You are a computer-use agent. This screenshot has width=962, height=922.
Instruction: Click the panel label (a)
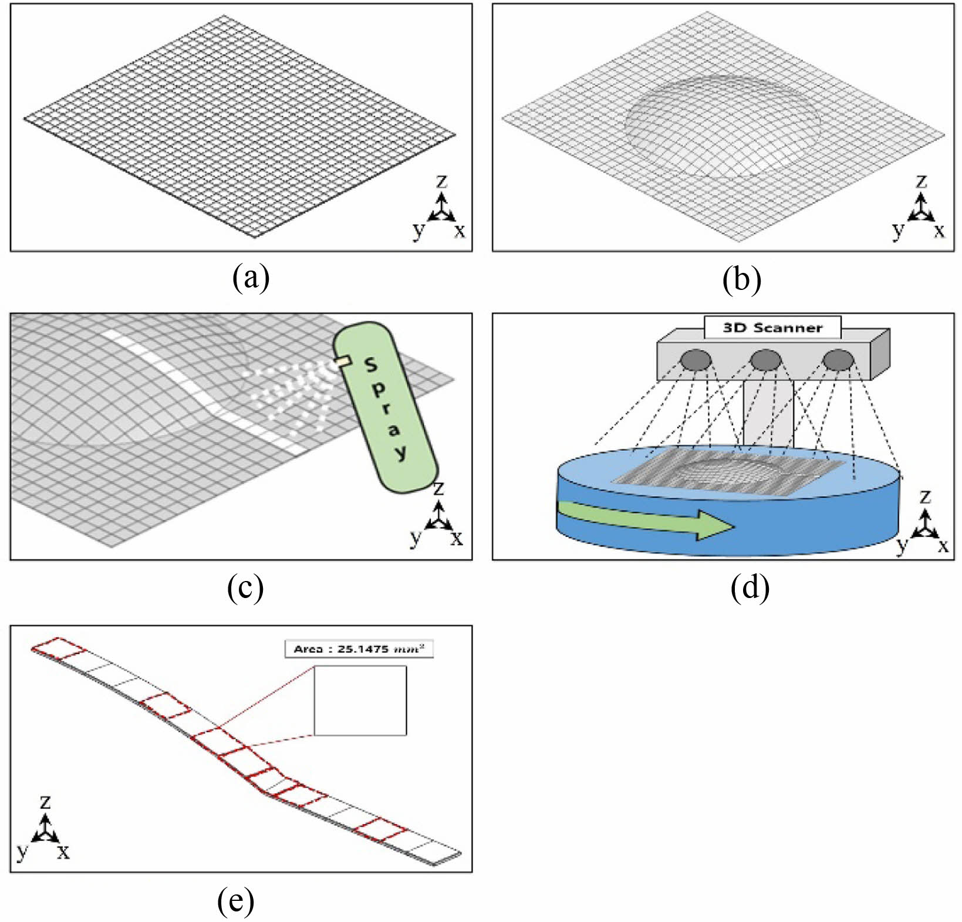pyautogui.click(x=251, y=278)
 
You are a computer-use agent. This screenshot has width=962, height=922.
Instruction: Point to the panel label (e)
pyautogui.click(x=236, y=901)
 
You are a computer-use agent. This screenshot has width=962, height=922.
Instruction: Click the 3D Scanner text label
pyautogui.click(x=772, y=327)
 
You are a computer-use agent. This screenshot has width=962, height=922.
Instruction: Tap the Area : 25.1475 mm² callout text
pyautogui.click(x=359, y=649)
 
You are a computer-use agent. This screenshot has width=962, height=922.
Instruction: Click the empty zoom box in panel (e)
pyautogui.click(x=360, y=700)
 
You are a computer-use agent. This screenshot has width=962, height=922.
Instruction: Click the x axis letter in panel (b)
pyautogui.click(x=939, y=230)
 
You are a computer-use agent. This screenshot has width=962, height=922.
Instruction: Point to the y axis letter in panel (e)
pyautogui.click(x=22, y=851)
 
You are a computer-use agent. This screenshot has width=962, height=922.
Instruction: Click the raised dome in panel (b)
pyautogui.click(x=722, y=126)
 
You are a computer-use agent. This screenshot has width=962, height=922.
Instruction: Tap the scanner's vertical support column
pyautogui.click(x=768, y=411)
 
